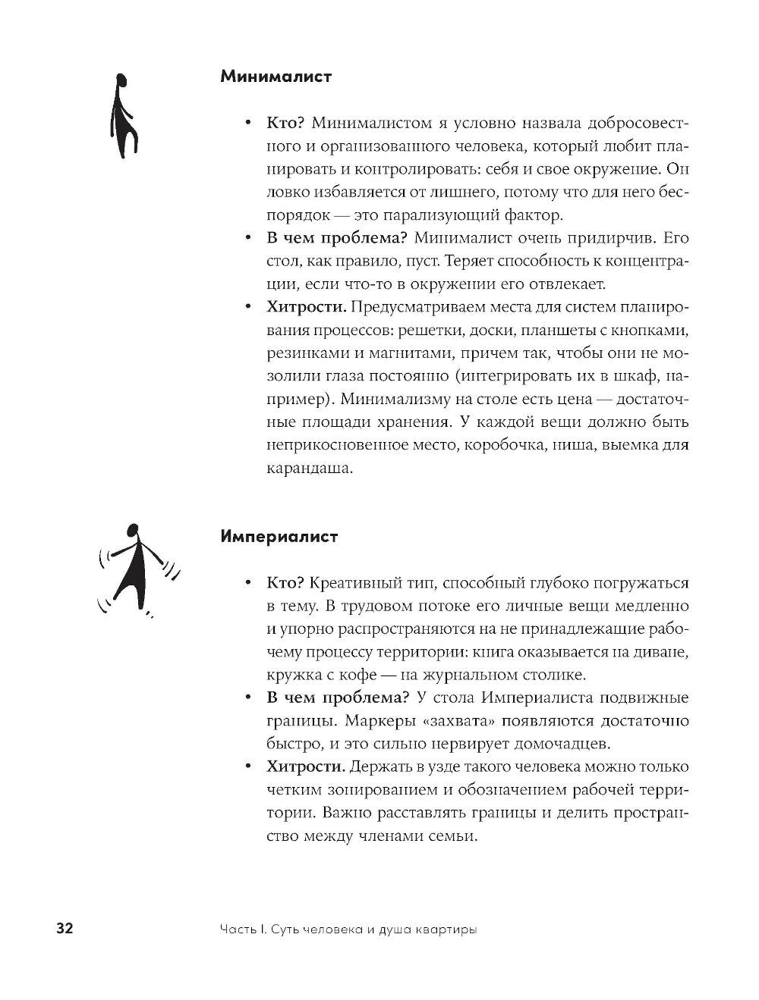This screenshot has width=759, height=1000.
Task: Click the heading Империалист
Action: (x=279, y=537)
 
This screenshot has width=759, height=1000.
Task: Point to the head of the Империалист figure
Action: (x=134, y=532)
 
